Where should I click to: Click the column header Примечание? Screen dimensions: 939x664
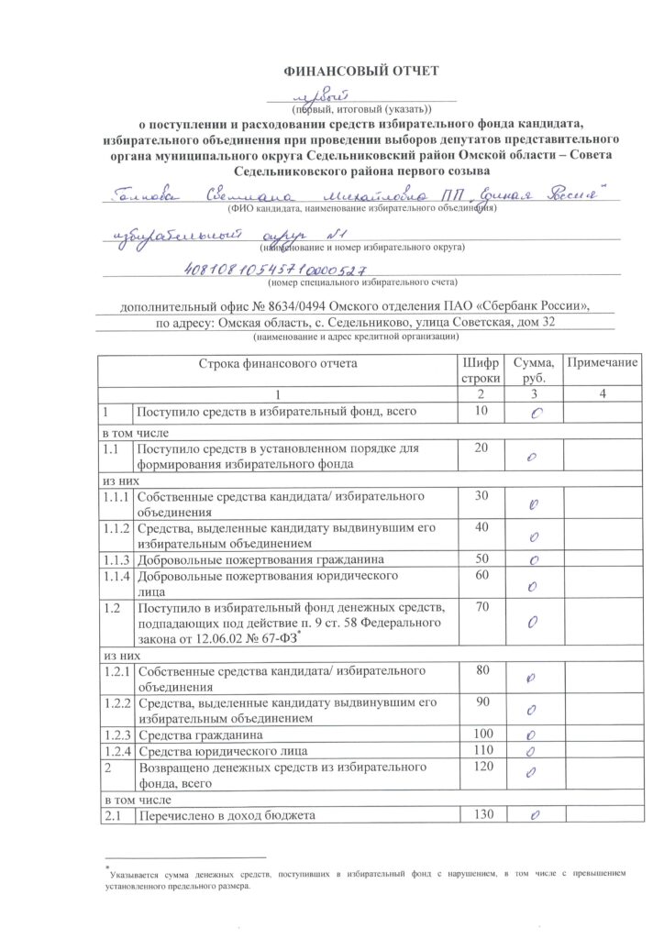(x=602, y=363)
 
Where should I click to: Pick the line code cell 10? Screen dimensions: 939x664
(x=481, y=413)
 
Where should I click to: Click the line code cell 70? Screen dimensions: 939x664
(x=481, y=609)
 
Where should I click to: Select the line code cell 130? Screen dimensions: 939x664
(x=481, y=814)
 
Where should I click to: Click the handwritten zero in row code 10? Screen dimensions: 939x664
(x=534, y=414)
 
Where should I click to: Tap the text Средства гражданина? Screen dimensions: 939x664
(x=201, y=735)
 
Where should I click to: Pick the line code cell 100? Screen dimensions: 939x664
(x=481, y=735)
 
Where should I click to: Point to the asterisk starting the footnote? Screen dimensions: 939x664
(x=107, y=867)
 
